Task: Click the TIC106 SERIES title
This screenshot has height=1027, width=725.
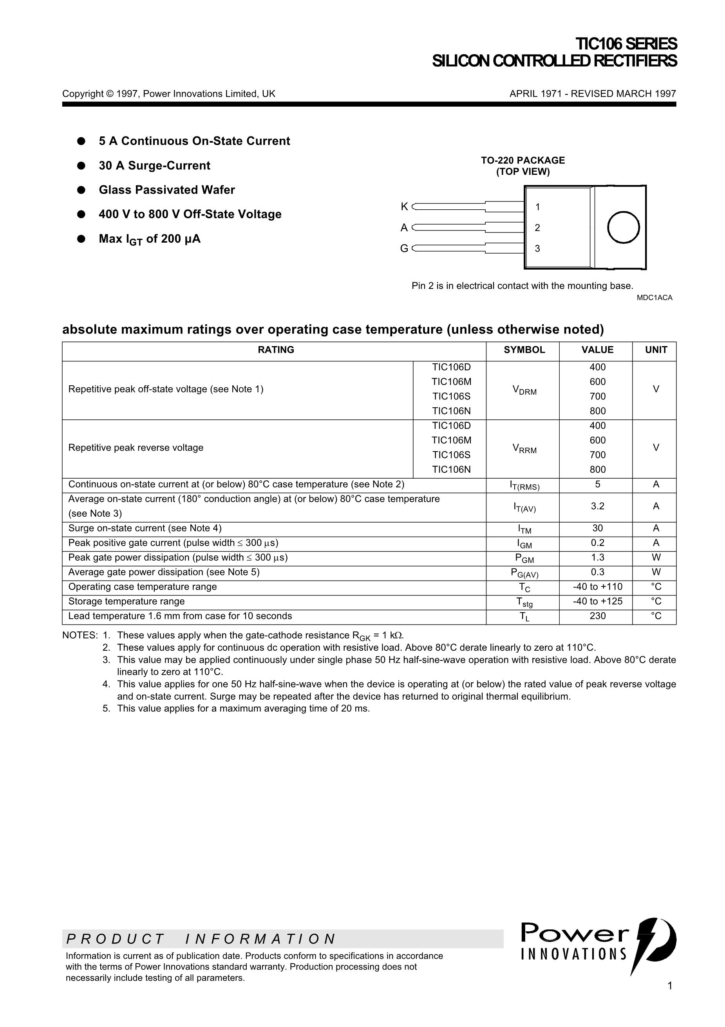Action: point(626,44)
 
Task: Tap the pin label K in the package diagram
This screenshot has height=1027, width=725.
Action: point(404,207)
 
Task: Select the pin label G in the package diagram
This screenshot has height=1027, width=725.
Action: point(403,248)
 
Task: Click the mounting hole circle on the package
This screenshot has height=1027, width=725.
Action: point(623,227)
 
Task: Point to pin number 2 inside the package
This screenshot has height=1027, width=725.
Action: point(537,228)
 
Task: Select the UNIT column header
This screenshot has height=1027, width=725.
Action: point(656,350)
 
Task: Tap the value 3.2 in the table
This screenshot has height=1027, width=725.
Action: point(597,506)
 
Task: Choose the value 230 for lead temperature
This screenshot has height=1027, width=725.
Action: point(597,616)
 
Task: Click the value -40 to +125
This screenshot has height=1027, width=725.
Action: point(597,601)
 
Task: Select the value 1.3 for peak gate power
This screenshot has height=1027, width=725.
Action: point(597,557)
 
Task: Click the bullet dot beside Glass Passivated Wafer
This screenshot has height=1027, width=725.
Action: point(81,190)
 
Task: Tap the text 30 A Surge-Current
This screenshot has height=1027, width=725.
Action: point(154,165)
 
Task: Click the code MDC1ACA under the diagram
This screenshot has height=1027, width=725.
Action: point(654,298)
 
